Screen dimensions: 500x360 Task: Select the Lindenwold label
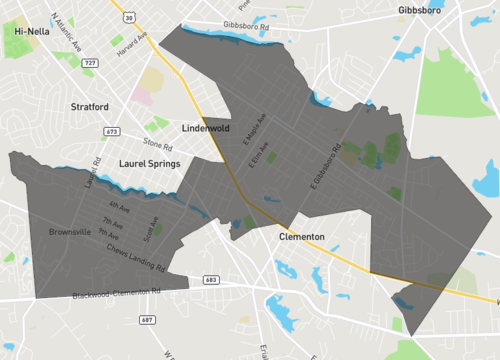(x=207, y=129)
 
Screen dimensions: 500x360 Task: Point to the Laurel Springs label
(x=148, y=161)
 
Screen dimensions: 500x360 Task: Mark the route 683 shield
(x=209, y=280)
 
